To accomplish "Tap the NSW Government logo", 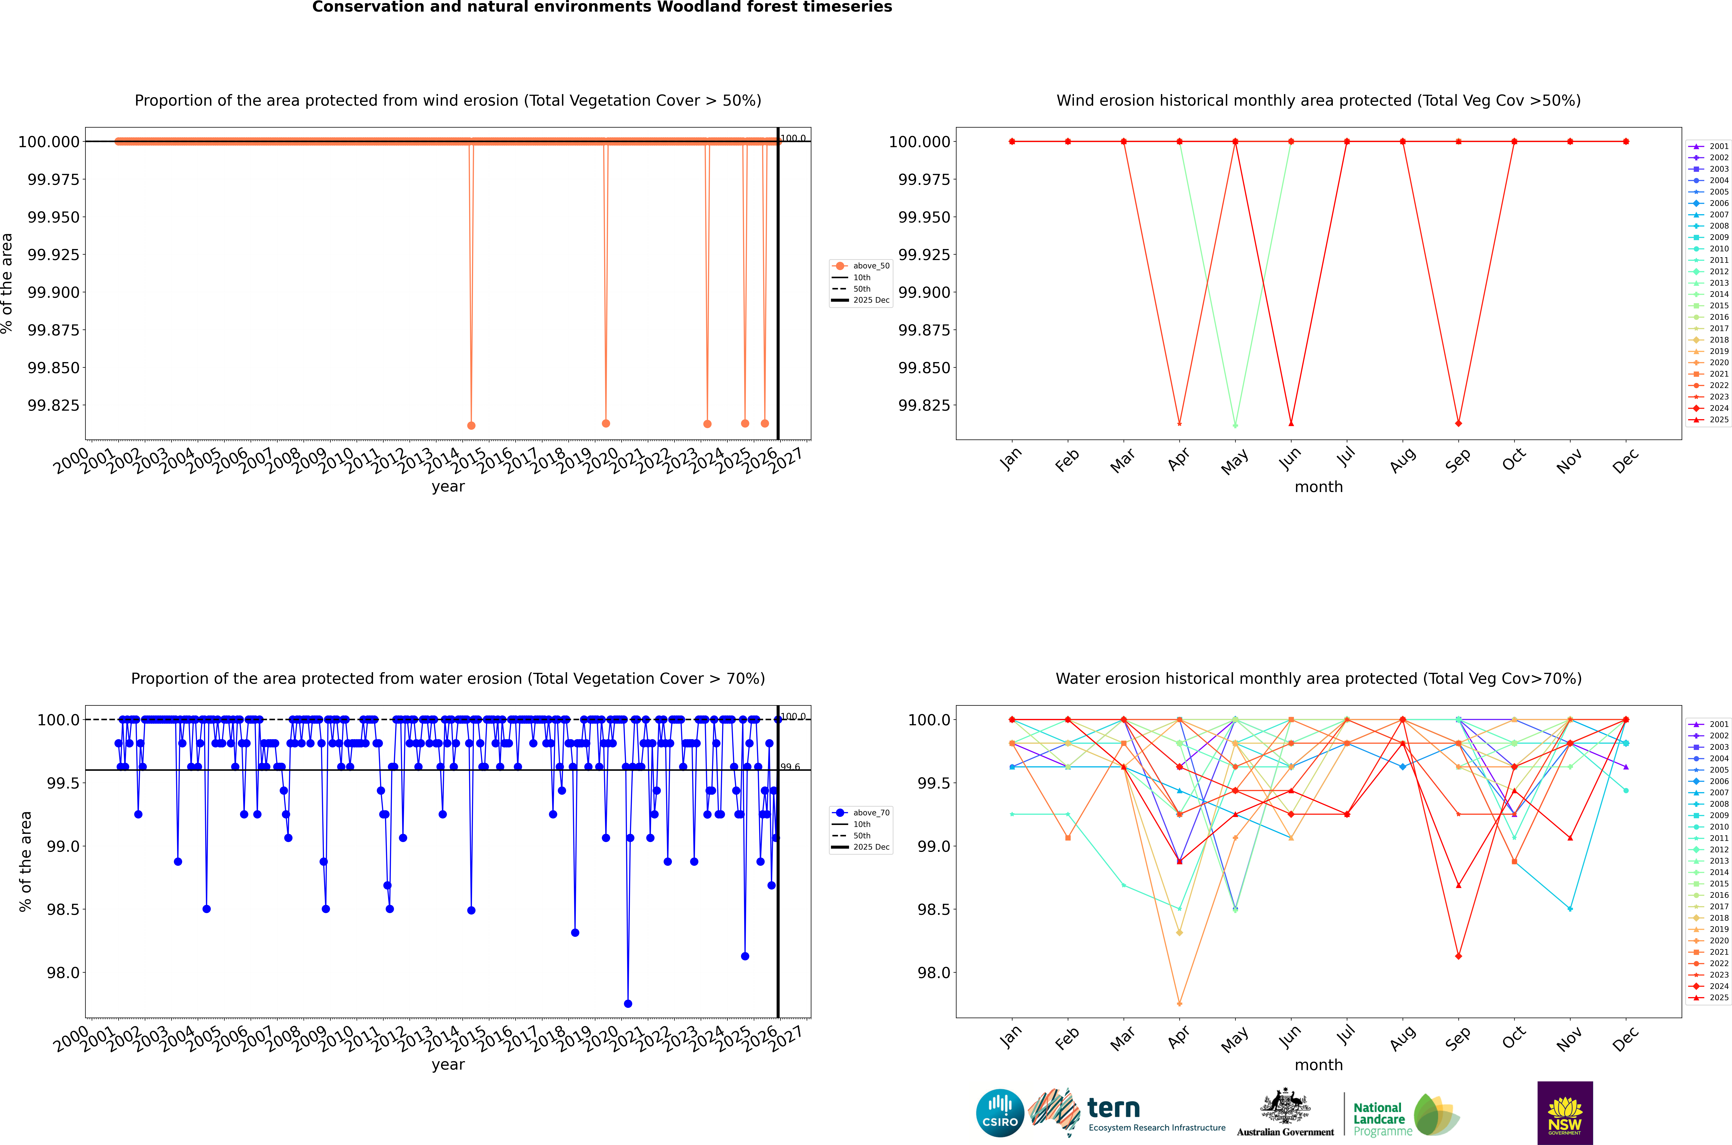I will pos(1565,1113).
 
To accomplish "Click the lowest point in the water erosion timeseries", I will pos(628,1003).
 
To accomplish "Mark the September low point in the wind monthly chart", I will pos(1458,424).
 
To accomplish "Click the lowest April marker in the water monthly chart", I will pos(1180,1003).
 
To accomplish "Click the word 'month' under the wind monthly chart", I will pos(1318,487).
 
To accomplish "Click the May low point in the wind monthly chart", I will pos(1235,425).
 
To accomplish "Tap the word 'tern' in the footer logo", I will pos(1113,1108).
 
